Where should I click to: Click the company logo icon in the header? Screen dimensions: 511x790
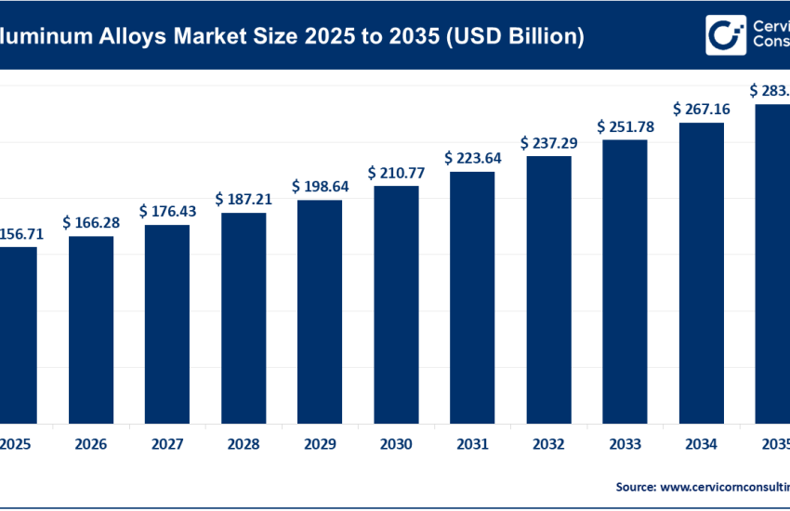726,35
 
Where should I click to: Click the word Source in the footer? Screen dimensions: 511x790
636,486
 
